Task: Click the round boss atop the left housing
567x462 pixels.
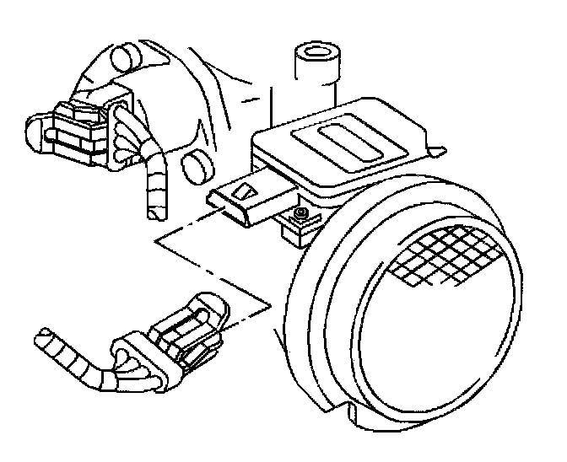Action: point(124,57)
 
